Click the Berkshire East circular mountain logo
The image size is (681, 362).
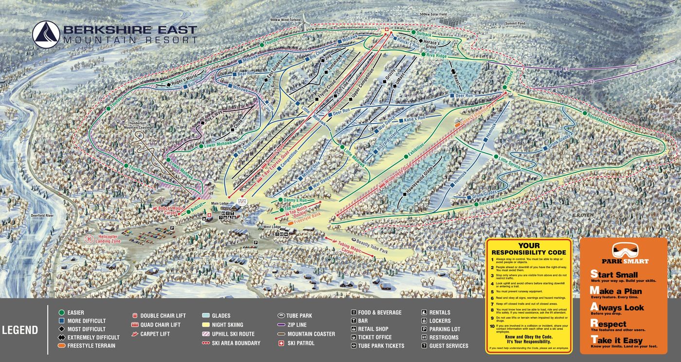point(46,34)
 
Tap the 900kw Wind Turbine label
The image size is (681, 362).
point(287,20)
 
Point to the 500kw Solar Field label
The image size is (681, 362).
point(433,15)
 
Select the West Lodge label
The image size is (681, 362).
point(273,227)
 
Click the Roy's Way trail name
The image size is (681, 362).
point(212,115)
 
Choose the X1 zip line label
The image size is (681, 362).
point(566,70)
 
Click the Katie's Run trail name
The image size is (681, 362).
point(414,119)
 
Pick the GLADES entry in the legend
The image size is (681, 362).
point(221,316)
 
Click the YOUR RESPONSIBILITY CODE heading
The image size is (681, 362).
point(529,249)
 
